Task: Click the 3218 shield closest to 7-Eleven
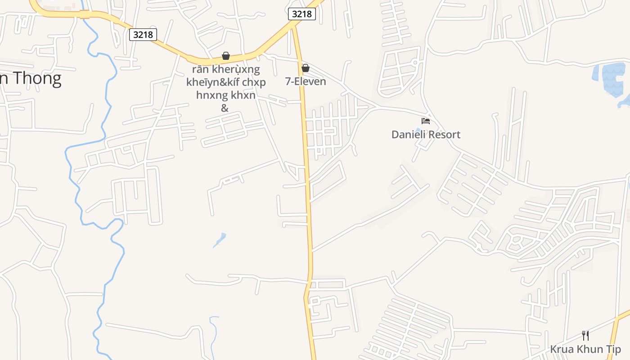(x=301, y=14)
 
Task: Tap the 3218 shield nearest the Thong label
(x=143, y=34)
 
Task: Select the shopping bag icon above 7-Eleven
(x=306, y=68)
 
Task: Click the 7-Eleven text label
(x=306, y=81)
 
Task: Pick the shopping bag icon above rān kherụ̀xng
(x=226, y=56)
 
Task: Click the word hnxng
(x=212, y=95)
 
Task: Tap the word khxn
(x=243, y=95)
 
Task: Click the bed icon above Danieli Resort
(x=426, y=121)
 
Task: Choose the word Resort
(x=445, y=135)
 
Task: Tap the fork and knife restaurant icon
(x=585, y=335)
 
